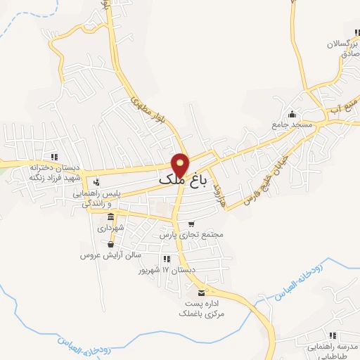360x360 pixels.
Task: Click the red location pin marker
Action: [181, 165]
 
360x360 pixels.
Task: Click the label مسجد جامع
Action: [290, 125]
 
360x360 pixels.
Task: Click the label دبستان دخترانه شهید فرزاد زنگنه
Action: [54, 171]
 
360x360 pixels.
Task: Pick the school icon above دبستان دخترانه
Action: [54, 157]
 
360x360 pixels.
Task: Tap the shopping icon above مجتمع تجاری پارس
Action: [191, 224]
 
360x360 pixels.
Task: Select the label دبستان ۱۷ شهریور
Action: [165, 270]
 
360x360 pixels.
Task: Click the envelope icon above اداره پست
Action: [202, 292]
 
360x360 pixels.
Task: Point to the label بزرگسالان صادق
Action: [342, 48]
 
